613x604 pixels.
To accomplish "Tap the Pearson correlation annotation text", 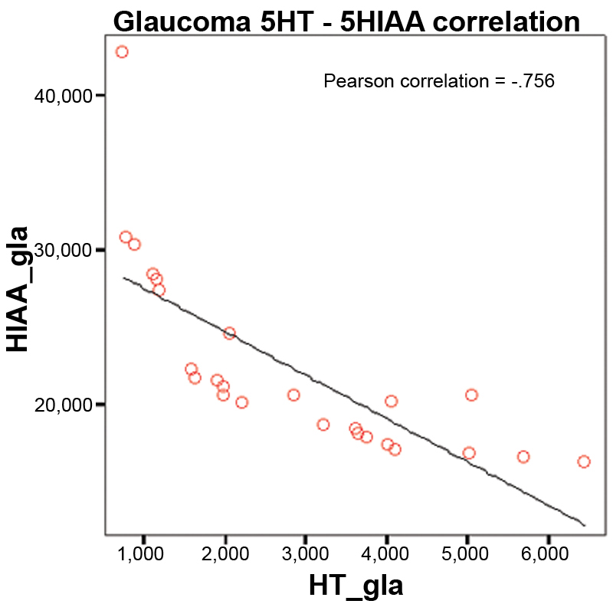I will [x=438, y=80].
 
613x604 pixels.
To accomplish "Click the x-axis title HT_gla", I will [x=356, y=586].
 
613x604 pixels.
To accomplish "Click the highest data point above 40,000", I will [x=121, y=52].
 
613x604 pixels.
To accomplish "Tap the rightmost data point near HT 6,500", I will [x=584, y=461].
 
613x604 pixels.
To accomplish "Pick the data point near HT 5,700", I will [x=523, y=457].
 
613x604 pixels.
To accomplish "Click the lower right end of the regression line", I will [x=585, y=525].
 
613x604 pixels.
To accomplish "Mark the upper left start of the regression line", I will [x=124, y=277].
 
